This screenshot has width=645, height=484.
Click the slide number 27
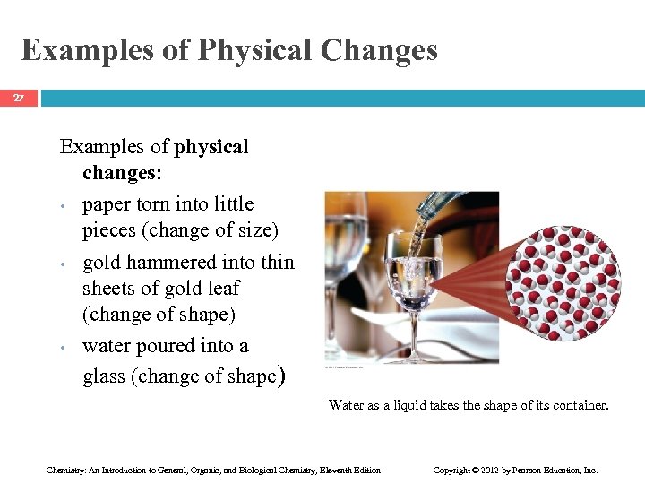19,97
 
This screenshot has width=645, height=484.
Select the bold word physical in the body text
211,146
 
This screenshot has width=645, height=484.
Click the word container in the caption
580,405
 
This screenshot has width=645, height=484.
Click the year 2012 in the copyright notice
490,470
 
